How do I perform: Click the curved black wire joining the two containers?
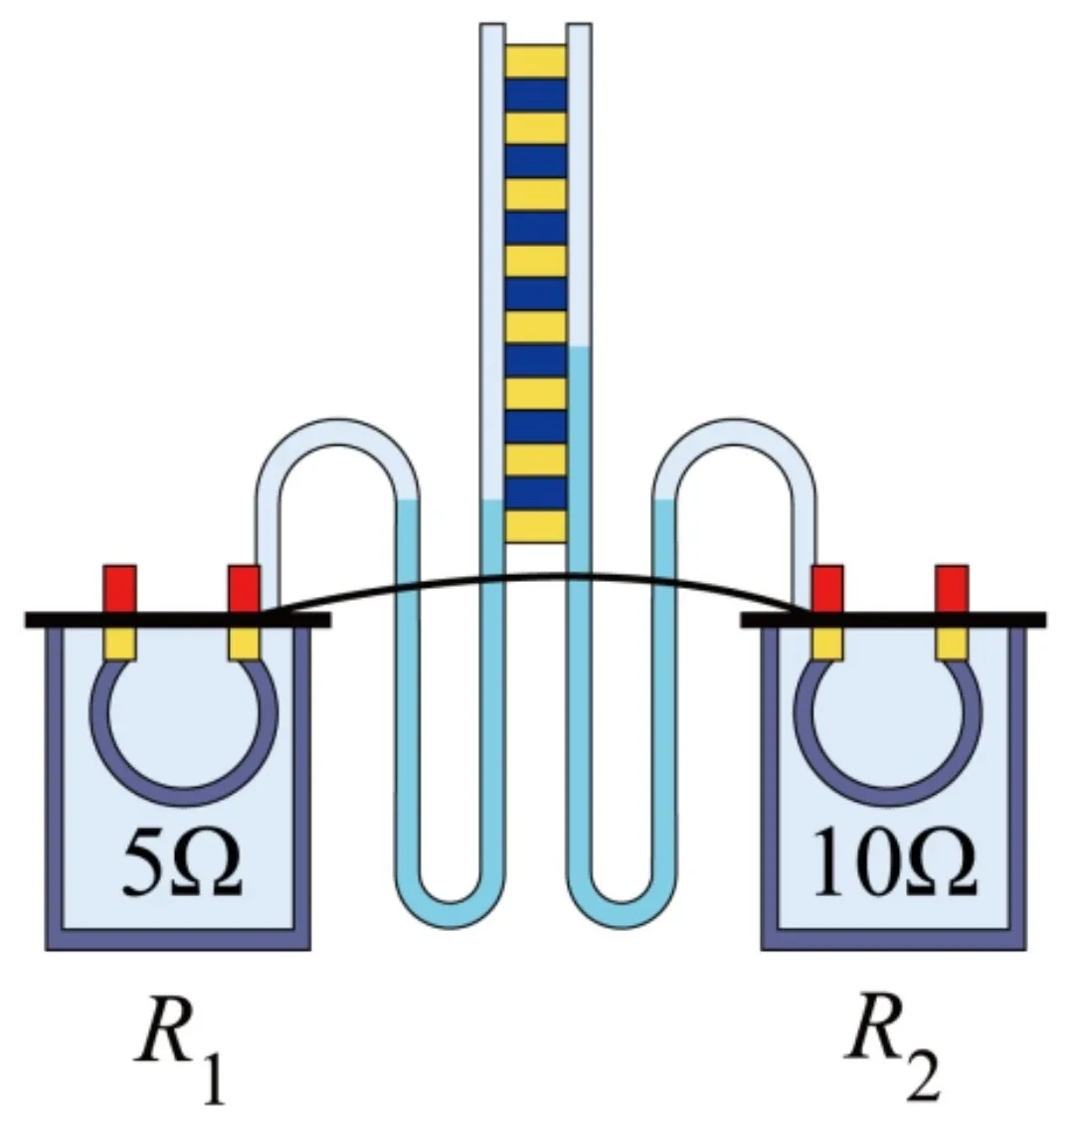[537, 576]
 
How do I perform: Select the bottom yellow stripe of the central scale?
[536, 527]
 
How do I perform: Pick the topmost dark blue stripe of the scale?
[536, 95]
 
